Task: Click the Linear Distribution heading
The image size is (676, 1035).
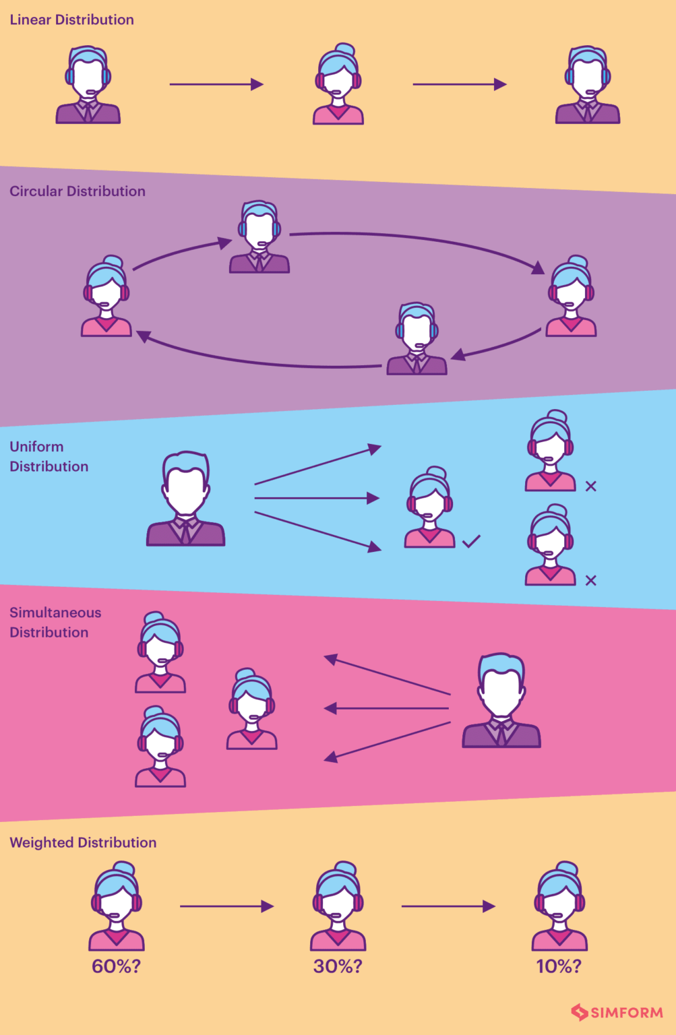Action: click(x=71, y=20)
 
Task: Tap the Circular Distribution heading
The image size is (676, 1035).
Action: click(x=78, y=191)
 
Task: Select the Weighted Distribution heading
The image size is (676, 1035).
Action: click(x=83, y=842)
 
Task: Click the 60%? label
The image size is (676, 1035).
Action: click(x=116, y=966)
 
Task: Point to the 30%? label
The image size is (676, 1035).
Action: click(x=338, y=966)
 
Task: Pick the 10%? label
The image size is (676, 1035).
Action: click(x=559, y=966)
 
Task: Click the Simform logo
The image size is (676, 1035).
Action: click(x=617, y=1012)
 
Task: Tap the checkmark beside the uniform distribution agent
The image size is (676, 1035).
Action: click(x=471, y=540)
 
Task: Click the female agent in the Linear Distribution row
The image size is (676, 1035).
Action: click(x=338, y=85)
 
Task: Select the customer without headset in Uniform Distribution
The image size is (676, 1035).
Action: click(x=186, y=499)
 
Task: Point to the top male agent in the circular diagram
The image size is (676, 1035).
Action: click(x=259, y=237)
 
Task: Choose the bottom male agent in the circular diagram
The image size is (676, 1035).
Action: click(x=417, y=339)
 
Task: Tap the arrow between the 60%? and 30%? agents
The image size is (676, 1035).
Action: click(x=226, y=906)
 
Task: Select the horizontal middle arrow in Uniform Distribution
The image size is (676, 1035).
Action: click(x=317, y=498)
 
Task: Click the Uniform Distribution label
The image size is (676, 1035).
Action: click(x=49, y=456)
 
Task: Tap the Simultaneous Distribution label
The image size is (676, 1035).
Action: click(x=55, y=622)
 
